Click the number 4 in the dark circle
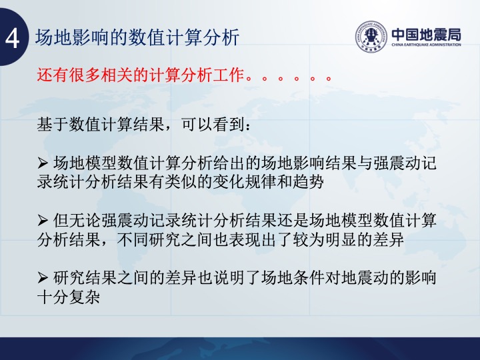(x=12, y=39)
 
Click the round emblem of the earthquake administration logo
(x=371, y=37)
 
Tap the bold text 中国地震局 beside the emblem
(x=426, y=35)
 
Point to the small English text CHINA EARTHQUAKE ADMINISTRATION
(x=426, y=45)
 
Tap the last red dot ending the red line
(x=329, y=79)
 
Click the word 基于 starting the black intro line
(x=53, y=125)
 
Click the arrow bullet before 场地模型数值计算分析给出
(x=43, y=163)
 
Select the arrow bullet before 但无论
(x=43, y=221)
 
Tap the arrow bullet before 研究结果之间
(x=43, y=278)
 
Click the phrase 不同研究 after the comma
(x=149, y=239)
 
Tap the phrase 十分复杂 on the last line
(x=68, y=297)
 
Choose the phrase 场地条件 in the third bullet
(x=293, y=278)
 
